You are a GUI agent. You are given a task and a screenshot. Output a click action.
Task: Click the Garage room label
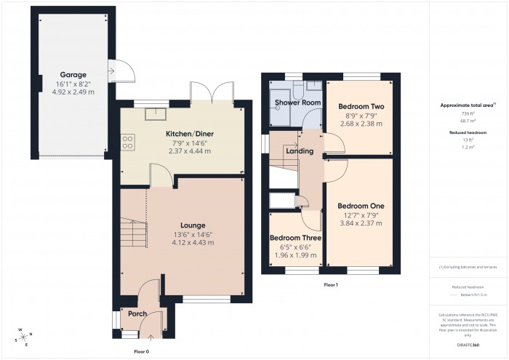[73, 74]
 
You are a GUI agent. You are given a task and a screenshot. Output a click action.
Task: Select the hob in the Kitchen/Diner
[127, 141]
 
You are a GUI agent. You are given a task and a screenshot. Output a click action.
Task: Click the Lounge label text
[193, 225]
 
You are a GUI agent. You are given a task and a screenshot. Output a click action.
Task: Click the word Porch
[137, 314]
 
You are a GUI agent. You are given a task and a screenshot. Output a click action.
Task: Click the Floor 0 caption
[142, 351]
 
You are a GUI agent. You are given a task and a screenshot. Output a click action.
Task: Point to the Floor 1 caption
[331, 284]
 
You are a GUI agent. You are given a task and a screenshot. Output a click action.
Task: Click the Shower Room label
[297, 103]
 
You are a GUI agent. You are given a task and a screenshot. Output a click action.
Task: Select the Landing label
[300, 151]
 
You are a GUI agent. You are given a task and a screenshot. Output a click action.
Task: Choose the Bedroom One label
[361, 206]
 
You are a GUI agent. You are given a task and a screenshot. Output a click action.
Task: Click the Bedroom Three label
[294, 238]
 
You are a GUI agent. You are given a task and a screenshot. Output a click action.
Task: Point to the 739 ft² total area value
[468, 114]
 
